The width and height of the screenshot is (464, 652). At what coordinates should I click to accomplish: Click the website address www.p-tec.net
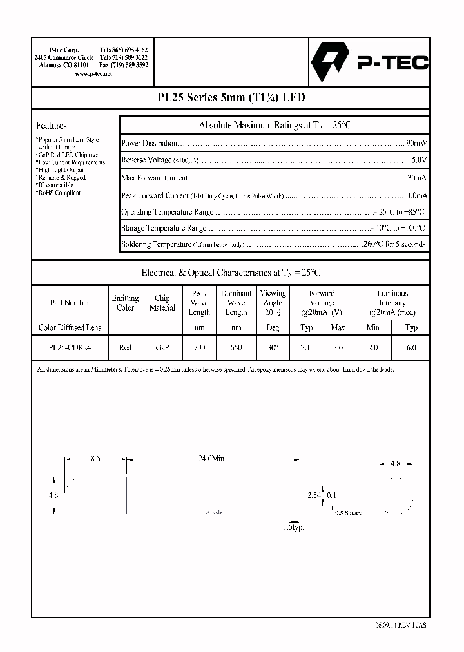(93, 74)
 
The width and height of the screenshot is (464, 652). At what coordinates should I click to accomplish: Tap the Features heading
(51, 126)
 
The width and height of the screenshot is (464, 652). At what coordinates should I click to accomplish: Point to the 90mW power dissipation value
(415, 143)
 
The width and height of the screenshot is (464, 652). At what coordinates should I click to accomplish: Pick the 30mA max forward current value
(416, 178)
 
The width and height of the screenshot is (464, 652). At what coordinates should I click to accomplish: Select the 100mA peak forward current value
(414, 195)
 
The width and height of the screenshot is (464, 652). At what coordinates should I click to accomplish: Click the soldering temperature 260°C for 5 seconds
(394, 244)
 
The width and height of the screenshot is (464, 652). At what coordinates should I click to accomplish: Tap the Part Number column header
(70, 302)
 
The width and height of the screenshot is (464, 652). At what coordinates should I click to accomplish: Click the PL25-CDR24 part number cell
(70, 347)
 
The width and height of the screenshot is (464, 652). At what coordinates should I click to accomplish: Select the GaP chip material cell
(162, 347)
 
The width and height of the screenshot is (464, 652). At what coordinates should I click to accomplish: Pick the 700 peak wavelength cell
(199, 347)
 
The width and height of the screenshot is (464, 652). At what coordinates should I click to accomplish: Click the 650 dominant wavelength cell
(236, 347)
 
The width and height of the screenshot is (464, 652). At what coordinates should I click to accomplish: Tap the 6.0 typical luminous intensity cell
(411, 347)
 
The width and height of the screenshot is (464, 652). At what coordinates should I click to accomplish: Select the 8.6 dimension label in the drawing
(95, 459)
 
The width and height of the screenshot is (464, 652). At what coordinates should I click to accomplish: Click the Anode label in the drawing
(213, 512)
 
